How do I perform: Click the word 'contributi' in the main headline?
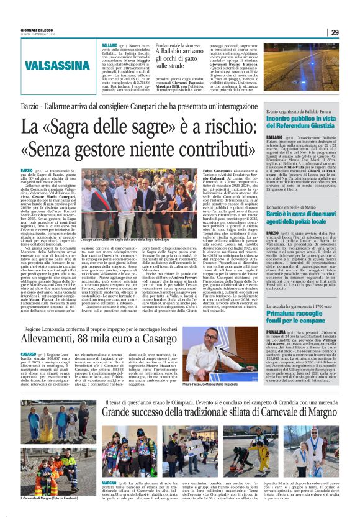(205, 150)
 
